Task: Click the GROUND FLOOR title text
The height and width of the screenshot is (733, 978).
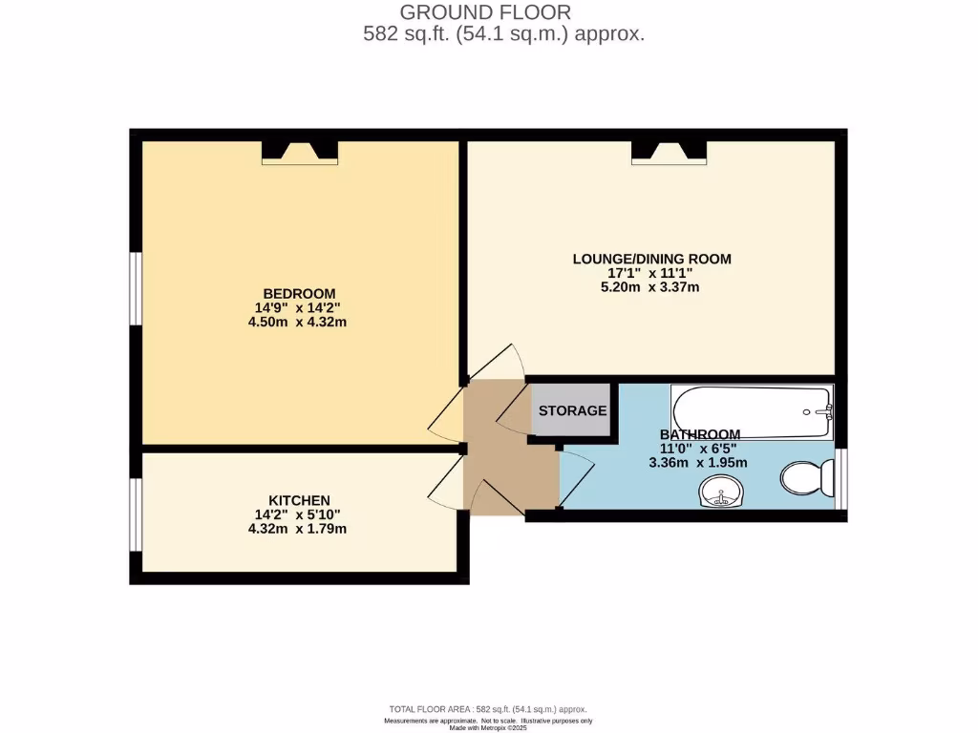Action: point(485,12)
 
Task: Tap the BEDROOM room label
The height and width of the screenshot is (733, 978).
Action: point(299,293)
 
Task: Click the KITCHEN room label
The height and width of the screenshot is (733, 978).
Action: point(299,500)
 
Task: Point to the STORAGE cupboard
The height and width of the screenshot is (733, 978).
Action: point(572,410)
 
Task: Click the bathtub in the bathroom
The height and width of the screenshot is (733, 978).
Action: point(752,411)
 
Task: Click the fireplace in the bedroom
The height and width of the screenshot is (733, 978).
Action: point(300,152)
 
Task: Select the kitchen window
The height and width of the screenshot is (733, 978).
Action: point(137,514)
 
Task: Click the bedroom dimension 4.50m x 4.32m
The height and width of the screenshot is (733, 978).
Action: point(299,322)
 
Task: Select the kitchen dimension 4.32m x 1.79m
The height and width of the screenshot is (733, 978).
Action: point(299,529)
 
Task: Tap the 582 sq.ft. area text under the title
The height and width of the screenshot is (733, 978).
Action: point(503,33)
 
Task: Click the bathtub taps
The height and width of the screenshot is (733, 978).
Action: point(825,411)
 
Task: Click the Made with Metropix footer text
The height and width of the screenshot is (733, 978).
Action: point(486,727)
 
